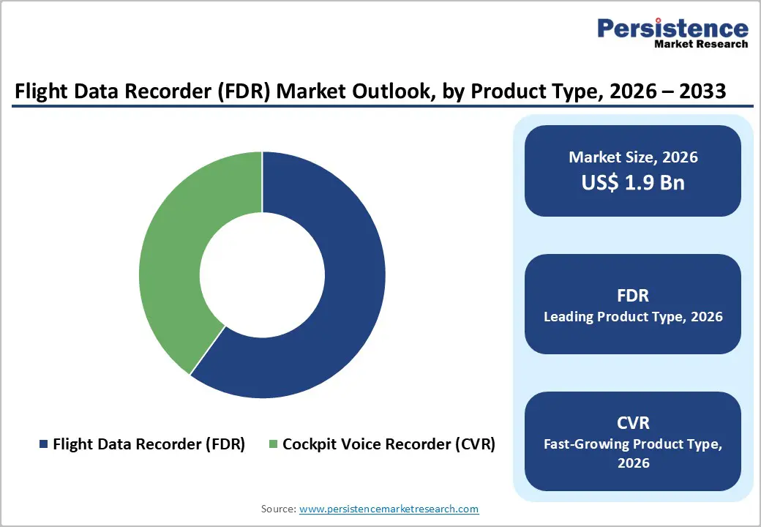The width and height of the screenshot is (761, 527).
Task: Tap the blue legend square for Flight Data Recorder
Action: click(44, 444)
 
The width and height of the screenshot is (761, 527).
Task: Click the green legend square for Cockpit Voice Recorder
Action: click(274, 444)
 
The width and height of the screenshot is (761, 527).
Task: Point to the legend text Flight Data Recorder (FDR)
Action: click(149, 444)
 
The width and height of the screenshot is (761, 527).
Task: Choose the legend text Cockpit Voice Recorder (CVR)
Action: click(389, 444)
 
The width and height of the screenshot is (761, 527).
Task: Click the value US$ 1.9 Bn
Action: click(633, 182)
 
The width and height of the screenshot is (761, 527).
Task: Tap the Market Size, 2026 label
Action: click(633, 157)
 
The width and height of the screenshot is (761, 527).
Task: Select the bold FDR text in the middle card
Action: click(633, 295)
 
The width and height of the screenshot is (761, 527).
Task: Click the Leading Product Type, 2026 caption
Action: click(633, 317)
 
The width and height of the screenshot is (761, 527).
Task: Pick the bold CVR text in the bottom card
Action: click(633, 422)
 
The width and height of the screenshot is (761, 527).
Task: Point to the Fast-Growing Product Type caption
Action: click(633, 444)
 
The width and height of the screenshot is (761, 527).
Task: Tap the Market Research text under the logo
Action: click(700, 45)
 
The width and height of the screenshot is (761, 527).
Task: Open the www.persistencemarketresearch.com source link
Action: click(389, 509)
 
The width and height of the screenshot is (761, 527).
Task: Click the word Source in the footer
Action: click(278, 509)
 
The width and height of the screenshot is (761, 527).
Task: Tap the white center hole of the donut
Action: click(262, 276)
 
